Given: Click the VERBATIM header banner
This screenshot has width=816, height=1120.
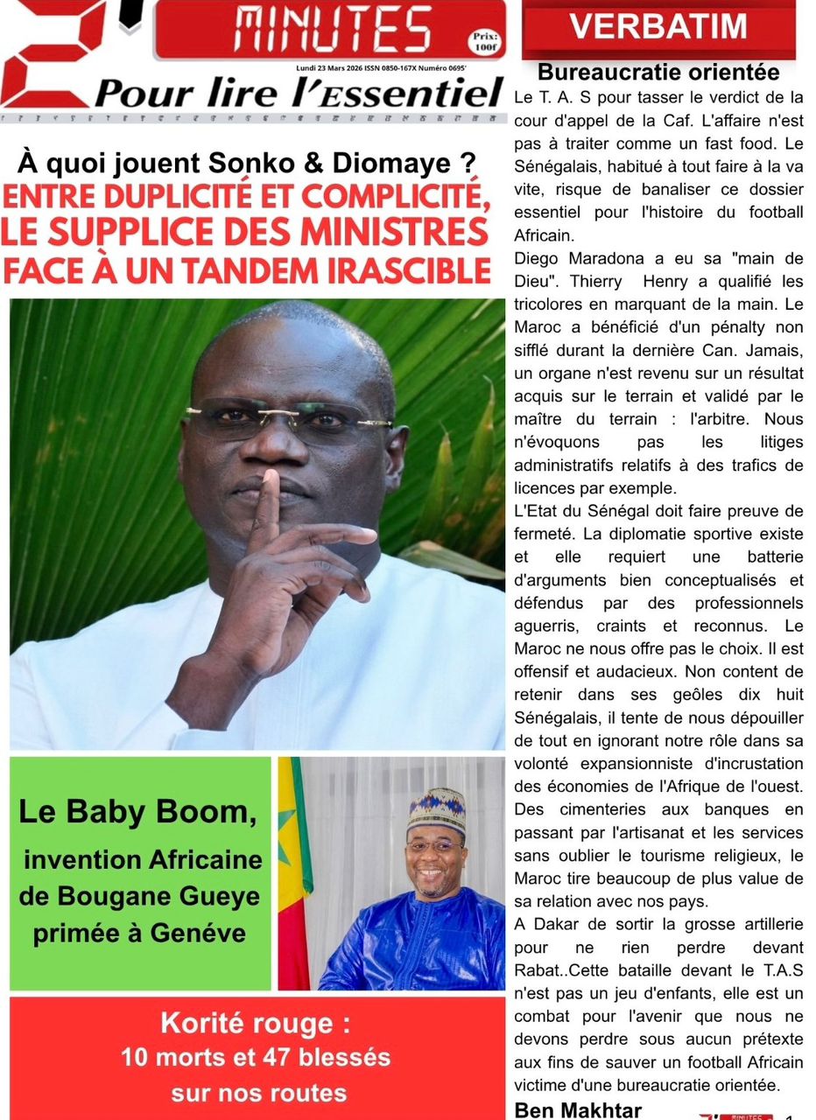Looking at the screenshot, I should point(658,27).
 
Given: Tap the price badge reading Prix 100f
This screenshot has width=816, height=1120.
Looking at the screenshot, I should point(482,40).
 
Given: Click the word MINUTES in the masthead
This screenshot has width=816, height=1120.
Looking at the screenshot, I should point(333,29).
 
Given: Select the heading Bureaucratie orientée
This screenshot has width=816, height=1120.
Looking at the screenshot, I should point(658,72).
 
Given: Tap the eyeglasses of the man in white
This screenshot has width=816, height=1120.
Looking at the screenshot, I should point(289,420).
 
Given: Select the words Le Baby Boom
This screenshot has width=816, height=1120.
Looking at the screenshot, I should point(137,812).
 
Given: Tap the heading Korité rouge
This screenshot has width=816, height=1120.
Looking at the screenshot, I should point(247,1023).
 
